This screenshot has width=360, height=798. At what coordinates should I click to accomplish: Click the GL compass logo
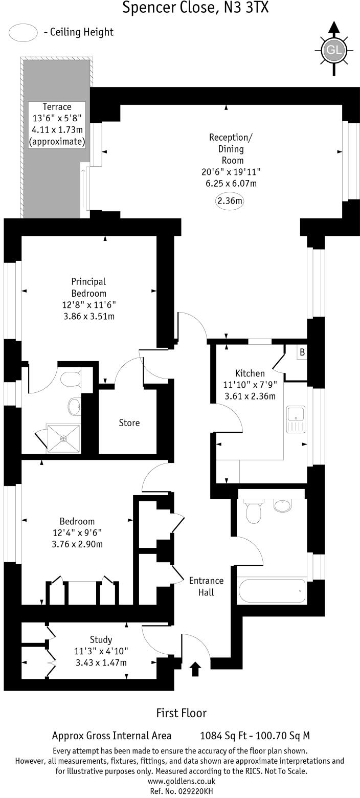pos(334,50)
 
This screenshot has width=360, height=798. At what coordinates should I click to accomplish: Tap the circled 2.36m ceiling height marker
pos(230,201)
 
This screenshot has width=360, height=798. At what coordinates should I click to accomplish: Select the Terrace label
pos(57,107)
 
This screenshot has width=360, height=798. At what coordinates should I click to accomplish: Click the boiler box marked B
pos(302,352)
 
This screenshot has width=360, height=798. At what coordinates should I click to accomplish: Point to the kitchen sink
pos(296,419)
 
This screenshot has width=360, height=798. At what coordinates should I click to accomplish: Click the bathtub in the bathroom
pos(272,591)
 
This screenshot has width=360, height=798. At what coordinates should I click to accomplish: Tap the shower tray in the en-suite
pos(63,438)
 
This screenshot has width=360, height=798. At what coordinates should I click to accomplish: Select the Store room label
pos(129,423)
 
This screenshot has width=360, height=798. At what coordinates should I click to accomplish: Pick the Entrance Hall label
pos(206,586)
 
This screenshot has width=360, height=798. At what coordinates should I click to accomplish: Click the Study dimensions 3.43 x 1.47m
pos(101,663)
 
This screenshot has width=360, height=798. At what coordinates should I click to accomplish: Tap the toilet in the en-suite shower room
pos(70,380)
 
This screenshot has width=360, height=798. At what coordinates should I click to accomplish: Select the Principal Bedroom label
pos(88,287)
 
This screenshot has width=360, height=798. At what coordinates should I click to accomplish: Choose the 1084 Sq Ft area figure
pos(225,736)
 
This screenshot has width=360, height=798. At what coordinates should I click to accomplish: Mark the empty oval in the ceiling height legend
pos(24,33)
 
